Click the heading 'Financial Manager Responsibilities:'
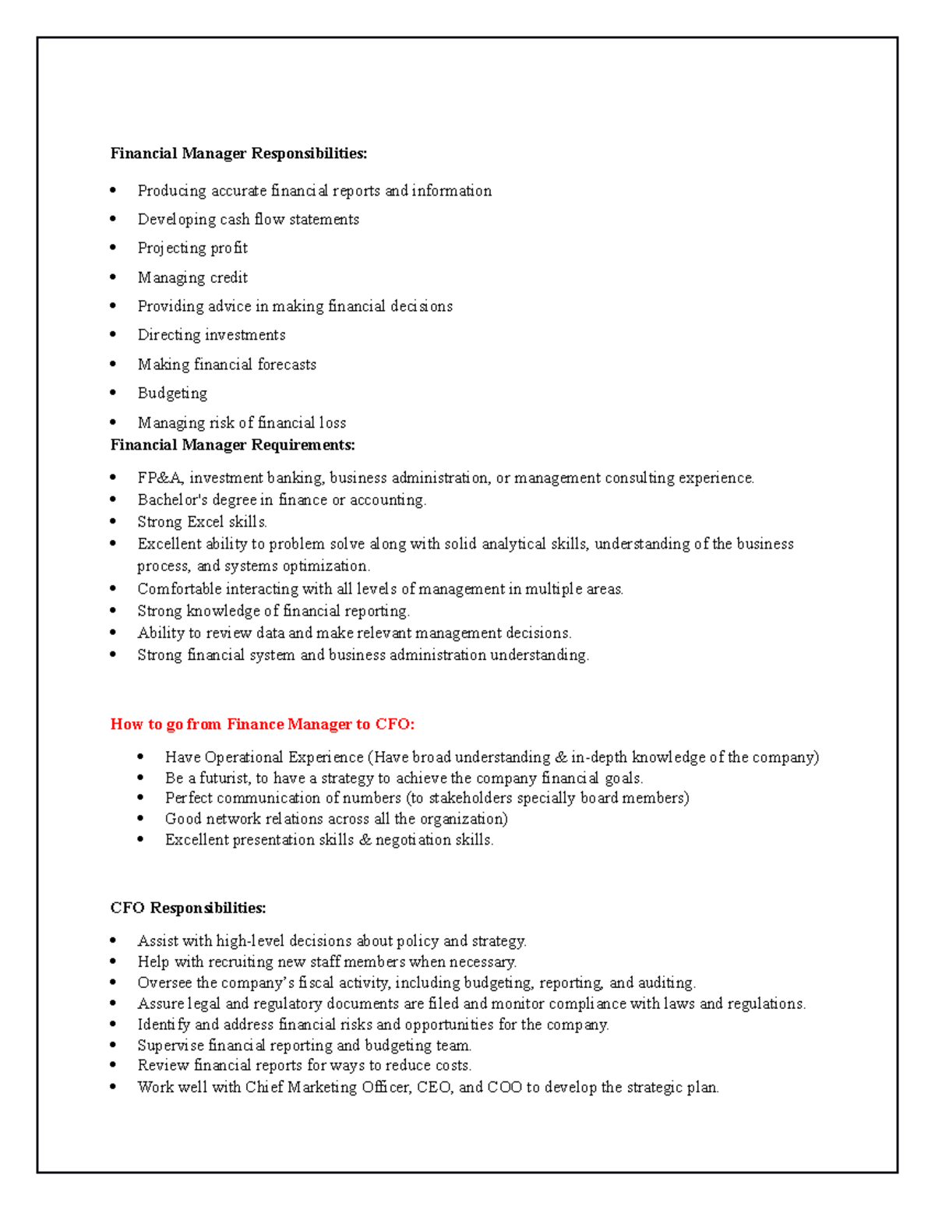pos(238,153)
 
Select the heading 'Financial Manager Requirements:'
pos(232,445)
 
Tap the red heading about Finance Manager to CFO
pos(263,725)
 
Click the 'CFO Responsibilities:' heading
pos(188,908)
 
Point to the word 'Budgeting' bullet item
pos(172,393)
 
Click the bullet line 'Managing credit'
pos(192,278)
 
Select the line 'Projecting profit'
pos(192,249)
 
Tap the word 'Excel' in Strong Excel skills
pos(206,522)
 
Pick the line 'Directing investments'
pos(211,335)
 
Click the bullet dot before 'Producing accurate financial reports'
pos(114,190)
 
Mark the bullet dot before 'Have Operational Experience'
pos(141,757)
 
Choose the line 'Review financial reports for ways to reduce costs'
pos(304,1066)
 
